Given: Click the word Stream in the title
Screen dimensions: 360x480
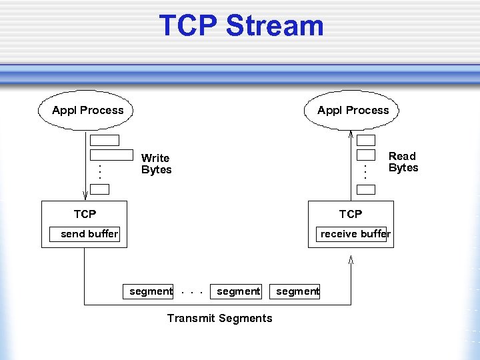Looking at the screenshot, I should [x=275, y=26].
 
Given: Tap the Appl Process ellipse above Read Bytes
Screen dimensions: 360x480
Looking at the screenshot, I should [x=352, y=110].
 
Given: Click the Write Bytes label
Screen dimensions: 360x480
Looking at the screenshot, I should [x=156, y=164].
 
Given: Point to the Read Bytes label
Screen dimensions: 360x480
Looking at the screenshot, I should [x=403, y=162].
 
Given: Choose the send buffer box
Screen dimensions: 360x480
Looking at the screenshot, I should [x=85, y=234].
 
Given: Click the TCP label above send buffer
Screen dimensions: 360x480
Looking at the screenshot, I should [x=85, y=214].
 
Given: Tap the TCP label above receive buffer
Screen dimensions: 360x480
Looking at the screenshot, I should [x=350, y=214].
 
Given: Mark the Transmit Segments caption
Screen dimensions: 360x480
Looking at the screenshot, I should [x=219, y=318].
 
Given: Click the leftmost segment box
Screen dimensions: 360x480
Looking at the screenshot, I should [x=147, y=291].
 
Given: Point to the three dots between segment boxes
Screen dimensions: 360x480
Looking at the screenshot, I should [x=192, y=292].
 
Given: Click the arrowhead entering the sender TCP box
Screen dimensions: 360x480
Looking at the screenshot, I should [x=85, y=195].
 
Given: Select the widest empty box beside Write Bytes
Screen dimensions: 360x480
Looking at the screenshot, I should [x=111, y=155].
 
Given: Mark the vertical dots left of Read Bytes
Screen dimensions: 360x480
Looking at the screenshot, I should [x=365, y=172].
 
